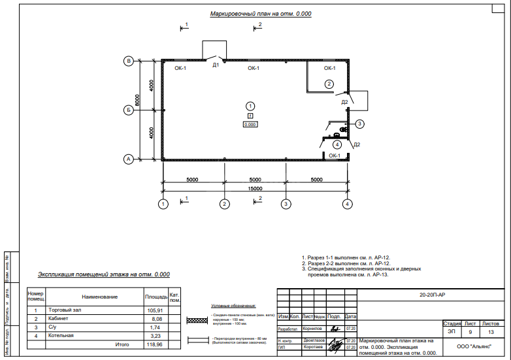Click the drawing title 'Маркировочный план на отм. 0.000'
261,14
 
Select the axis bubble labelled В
129,61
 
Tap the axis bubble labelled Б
129,110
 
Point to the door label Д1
215,65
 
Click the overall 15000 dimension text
255,188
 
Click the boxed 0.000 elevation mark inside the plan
250,123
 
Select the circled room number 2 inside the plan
329,84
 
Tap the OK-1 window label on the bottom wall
335,155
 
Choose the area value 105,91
155,310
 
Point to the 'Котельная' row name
61,335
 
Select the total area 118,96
155,344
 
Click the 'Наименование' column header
99,297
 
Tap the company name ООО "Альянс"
474,346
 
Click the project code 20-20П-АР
432,295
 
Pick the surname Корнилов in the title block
313,329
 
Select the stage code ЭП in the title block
452,332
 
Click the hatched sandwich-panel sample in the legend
198,321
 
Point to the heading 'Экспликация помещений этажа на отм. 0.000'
103,275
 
